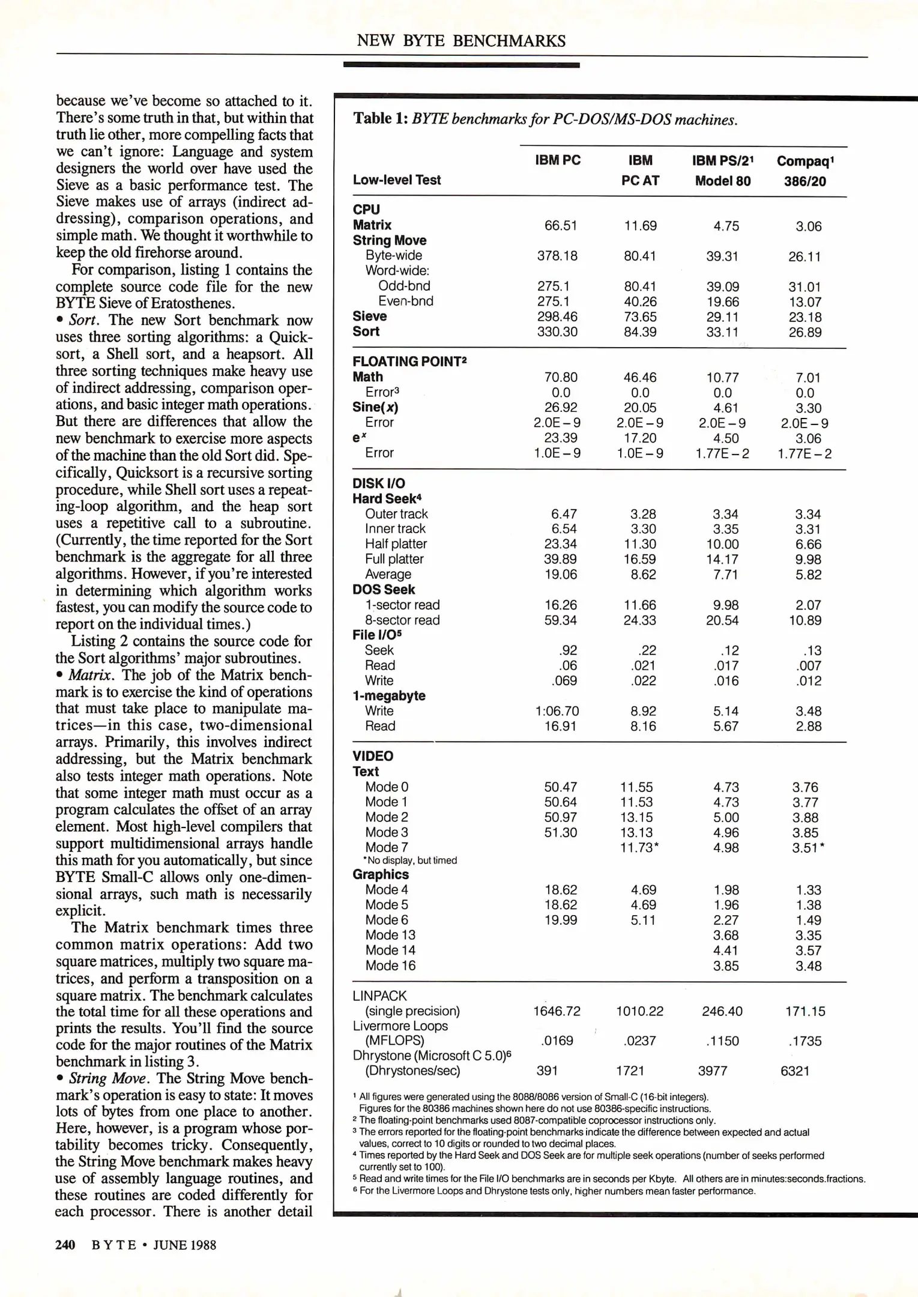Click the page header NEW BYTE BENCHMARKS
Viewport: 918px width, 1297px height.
(x=461, y=41)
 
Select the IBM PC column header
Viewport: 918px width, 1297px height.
(x=557, y=160)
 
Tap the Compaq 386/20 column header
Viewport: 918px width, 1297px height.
(x=805, y=171)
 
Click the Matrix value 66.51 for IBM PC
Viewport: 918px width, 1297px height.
(x=560, y=226)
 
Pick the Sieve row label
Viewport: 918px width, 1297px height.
(x=369, y=316)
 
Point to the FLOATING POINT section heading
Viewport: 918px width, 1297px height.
(x=409, y=361)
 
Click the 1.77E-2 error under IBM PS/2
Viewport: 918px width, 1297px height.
(x=722, y=453)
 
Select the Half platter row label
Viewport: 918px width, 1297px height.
(x=396, y=544)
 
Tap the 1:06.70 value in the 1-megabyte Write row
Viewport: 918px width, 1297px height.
(x=557, y=711)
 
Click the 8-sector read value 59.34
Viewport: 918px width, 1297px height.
(x=560, y=620)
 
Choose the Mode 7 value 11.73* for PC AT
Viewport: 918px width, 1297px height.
(x=639, y=847)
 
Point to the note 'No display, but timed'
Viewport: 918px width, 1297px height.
(x=411, y=860)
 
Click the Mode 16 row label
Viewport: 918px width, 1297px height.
(x=390, y=966)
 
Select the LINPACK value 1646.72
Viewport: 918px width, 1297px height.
(x=557, y=1011)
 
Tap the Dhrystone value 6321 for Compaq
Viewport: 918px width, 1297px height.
(x=794, y=1071)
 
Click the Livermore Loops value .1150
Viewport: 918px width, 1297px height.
(x=722, y=1041)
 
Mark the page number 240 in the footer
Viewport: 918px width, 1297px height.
(x=65, y=1245)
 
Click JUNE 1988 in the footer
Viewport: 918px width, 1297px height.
(x=184, y=1245)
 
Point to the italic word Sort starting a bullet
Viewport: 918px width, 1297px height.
(x=83, y=320)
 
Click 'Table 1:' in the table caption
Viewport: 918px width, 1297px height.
(x=380, y=118)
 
